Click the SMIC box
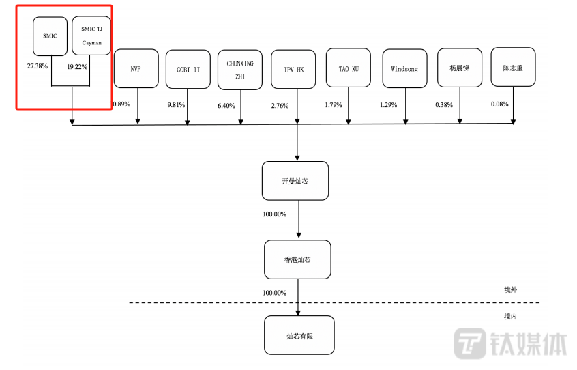[50, 36]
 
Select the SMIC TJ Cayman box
[91, 35]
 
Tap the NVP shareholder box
[136, 68]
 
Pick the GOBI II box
[188, 69]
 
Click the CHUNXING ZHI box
[240, 70]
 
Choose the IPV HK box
[293, 69]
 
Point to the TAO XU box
[349, 68]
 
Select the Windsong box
[404, 68]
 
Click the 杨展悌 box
[460, 68]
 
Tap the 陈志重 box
[513, 67]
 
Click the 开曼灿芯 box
[295, 181]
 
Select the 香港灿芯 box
[297, 259]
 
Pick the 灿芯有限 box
[299, 335]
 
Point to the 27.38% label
[37, 66]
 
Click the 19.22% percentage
[77, 67]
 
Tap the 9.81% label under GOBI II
[176, 105]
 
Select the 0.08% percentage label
[500, 104]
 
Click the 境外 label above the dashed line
[510, 289]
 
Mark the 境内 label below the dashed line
[510, 316]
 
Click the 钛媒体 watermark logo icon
[469, 343]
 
